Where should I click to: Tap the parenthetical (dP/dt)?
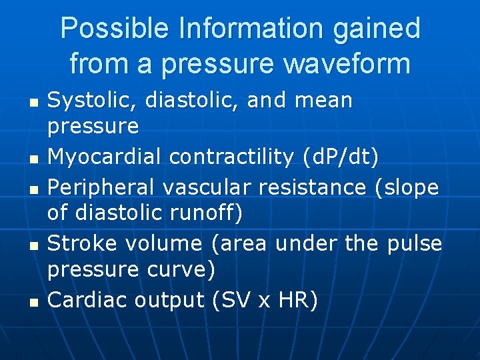click(339, 157)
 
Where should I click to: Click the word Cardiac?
click(88, 301)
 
